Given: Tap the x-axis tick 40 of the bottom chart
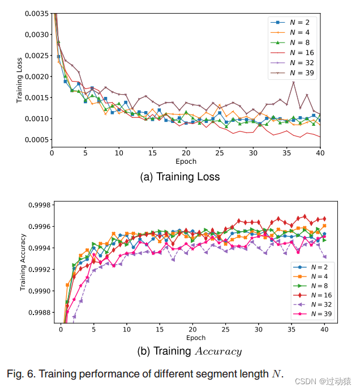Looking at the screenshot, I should [324, 329].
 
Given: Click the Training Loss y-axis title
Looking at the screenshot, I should [20, 80].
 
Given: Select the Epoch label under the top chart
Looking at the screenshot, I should [186, 161].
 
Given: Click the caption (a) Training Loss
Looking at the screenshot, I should [179, 177].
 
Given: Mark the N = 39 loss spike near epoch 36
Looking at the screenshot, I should [293, 82].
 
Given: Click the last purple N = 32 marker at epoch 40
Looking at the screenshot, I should [324, 257].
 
